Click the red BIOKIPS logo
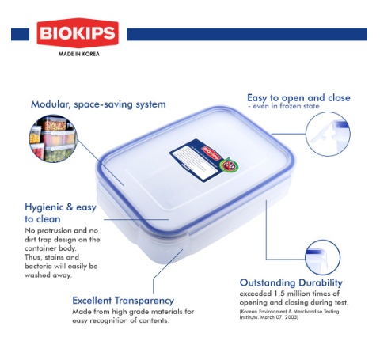click(78, 34)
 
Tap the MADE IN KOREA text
click(78, 55)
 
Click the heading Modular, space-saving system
click(98, 104)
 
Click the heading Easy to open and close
click(298, 98)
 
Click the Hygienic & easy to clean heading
click(60, 212)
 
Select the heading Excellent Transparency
click(123, 301)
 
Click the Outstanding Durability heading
click(291, 282)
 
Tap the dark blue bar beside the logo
click(246, 34)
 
